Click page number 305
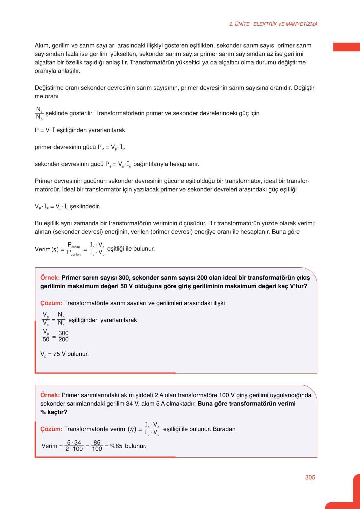[310, 477]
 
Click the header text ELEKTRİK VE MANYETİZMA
[285, 24]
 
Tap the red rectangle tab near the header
[346, 47]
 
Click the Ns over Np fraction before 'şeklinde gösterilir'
[39, 113]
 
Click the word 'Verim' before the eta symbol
[43, 249]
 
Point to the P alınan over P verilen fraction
[74, 249]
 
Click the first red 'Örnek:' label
[50, 278]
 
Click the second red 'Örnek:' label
[50, 395]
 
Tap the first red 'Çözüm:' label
[51, 303]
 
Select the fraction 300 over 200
[64, 336]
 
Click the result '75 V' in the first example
[59, 354]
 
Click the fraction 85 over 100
[97, 446]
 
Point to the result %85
[116, 446]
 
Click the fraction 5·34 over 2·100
[74, 446]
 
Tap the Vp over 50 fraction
[46, 336]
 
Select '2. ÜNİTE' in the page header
[239, 24]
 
